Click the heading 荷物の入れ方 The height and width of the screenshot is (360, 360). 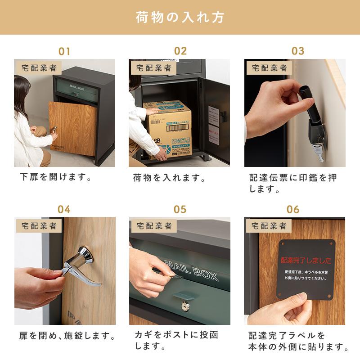click(180, 18)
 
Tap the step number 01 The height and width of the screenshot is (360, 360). click(64, 51)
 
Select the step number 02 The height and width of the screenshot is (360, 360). click(180, 51)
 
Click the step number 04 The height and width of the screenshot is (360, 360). click(64, 209)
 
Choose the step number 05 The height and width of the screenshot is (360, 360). click(180, 209)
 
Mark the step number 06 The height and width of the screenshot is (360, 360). click(293, 209)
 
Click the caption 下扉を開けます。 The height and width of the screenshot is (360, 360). click(56, 177)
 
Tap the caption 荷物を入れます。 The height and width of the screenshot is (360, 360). click(169, 178)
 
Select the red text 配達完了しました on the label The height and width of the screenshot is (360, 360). click(306, 260)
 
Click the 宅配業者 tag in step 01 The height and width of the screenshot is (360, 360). click(40, 68)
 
